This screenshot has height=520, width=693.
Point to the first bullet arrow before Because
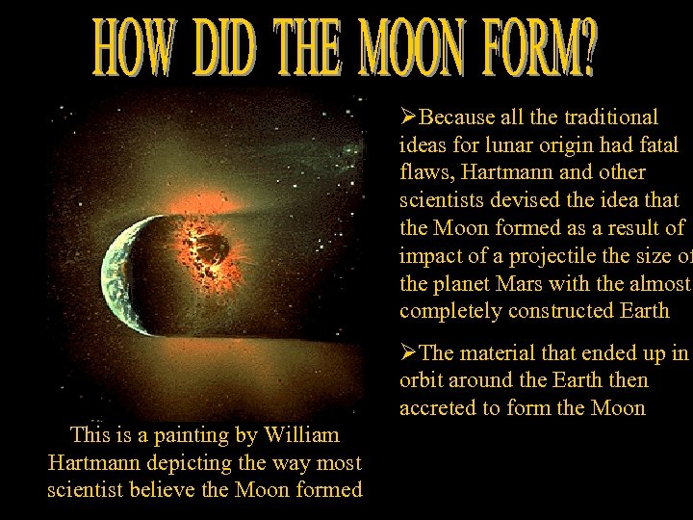(408, 117)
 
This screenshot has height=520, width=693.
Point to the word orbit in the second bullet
(419, 380)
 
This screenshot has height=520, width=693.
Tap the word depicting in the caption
(172, 462)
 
